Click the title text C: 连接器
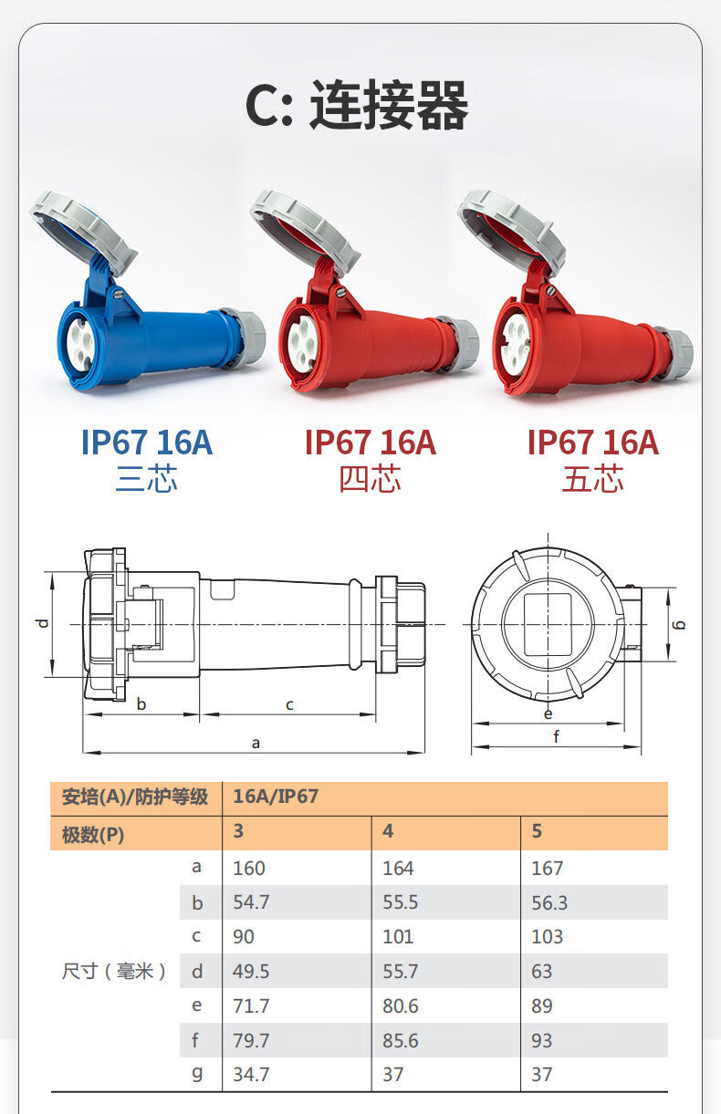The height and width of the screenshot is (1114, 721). tap(356, 105)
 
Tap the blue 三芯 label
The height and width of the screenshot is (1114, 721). tap(146, 478)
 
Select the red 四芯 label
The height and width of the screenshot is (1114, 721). tap(370, 478)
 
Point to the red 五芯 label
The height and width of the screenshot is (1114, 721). tap(592, 478)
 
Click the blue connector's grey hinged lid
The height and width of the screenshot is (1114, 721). tap(85, 230)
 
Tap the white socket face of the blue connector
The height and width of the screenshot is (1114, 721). tap(80, 345)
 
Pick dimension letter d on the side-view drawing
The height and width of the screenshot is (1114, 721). tap(43, 622)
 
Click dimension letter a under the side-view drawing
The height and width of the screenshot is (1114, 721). tap(256, 743)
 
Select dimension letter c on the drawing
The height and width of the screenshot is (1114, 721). tap(289, 704)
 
